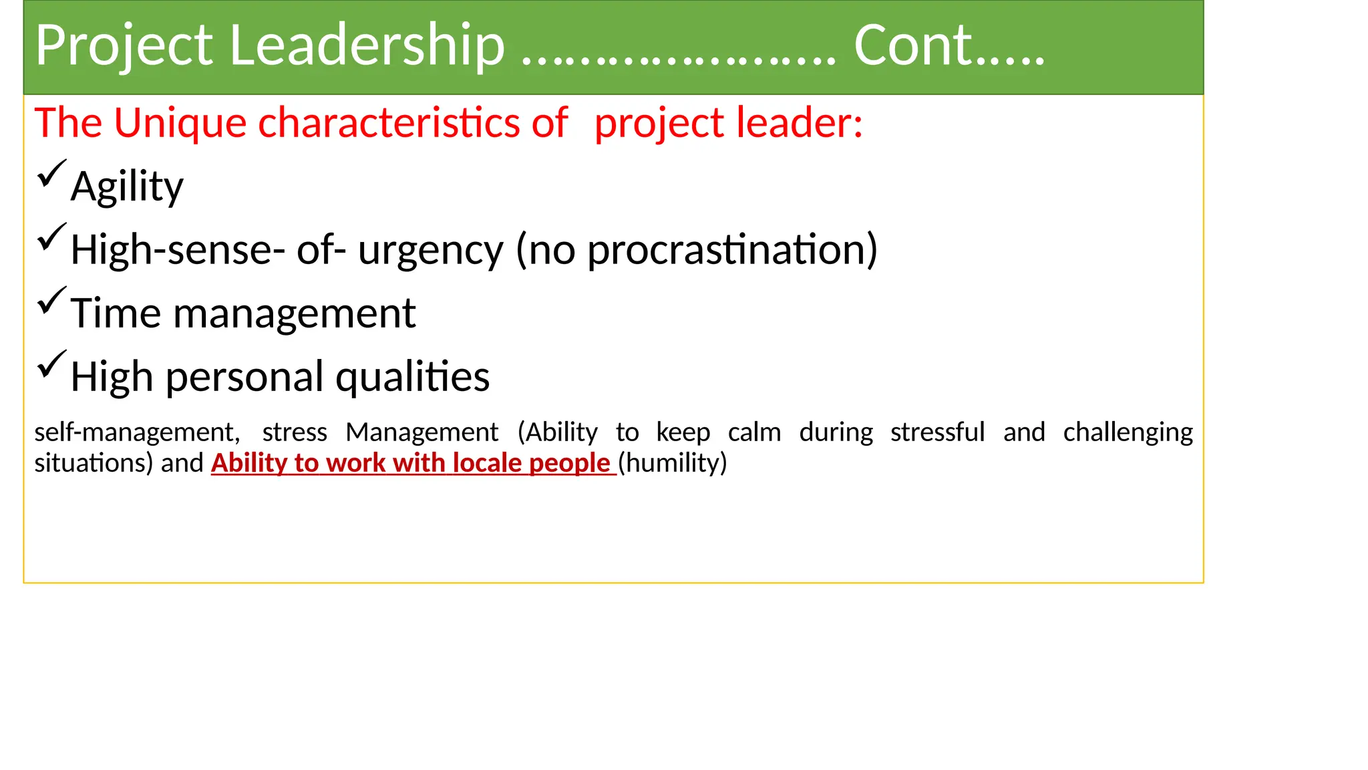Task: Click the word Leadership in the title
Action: point(367,45)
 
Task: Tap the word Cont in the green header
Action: point(912,45)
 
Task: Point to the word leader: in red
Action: point(800,124)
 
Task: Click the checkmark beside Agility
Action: point(51,174)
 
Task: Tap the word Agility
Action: point(127,187)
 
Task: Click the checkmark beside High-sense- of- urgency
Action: point(51,237)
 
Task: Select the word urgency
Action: point(430,251)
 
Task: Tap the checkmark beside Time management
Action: point(51,301)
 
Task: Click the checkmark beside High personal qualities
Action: point(51,364)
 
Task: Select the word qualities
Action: point(412,378)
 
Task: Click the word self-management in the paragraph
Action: point(136,433)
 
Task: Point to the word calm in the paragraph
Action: point(754,433)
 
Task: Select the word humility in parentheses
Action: point(672,463)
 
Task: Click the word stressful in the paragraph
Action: point(937,433)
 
